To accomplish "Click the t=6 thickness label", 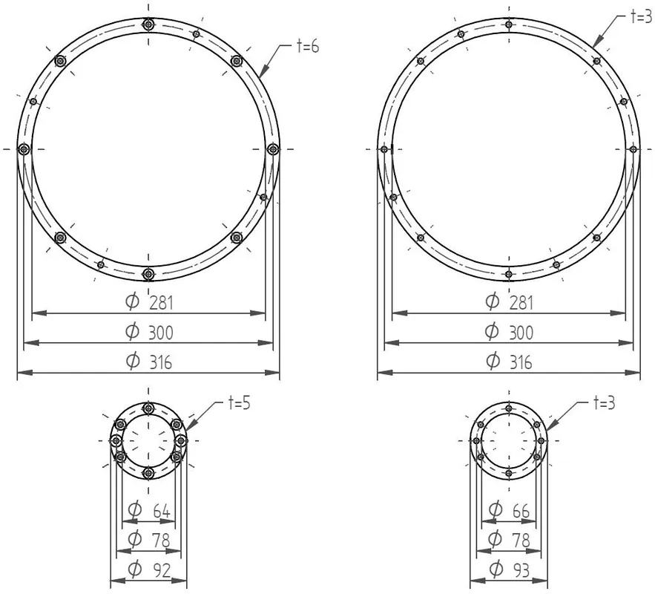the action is (307, 46).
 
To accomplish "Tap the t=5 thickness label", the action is (240, 403).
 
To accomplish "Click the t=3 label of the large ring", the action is (642, 16).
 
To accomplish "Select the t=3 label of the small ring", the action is (604, 403).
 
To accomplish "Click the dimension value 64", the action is (161, 511).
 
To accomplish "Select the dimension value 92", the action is (161, 570).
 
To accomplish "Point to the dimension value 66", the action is (521, 511).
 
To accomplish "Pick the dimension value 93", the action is (521, 570).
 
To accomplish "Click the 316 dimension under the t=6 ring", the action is (161, 362).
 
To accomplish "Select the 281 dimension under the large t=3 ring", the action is (521, 303).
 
